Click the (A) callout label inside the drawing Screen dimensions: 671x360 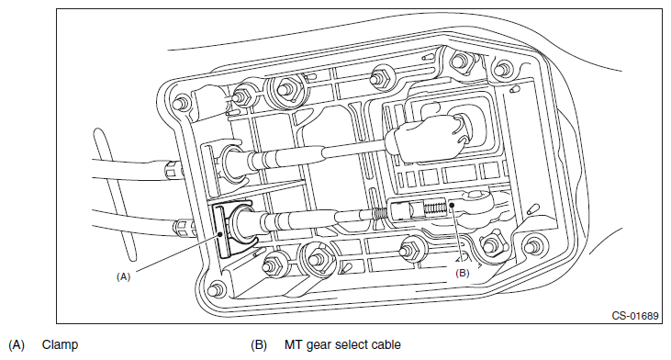tap(123, 277)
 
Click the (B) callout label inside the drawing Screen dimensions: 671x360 tap(462, 273)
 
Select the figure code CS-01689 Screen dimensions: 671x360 tap(635, 316)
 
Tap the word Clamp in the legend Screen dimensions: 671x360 tap(60, 344)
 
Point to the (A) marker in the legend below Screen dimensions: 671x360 tap(17, 345)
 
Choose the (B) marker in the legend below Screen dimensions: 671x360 tap(259, 345)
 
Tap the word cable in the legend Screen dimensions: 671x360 tap(387, 344)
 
